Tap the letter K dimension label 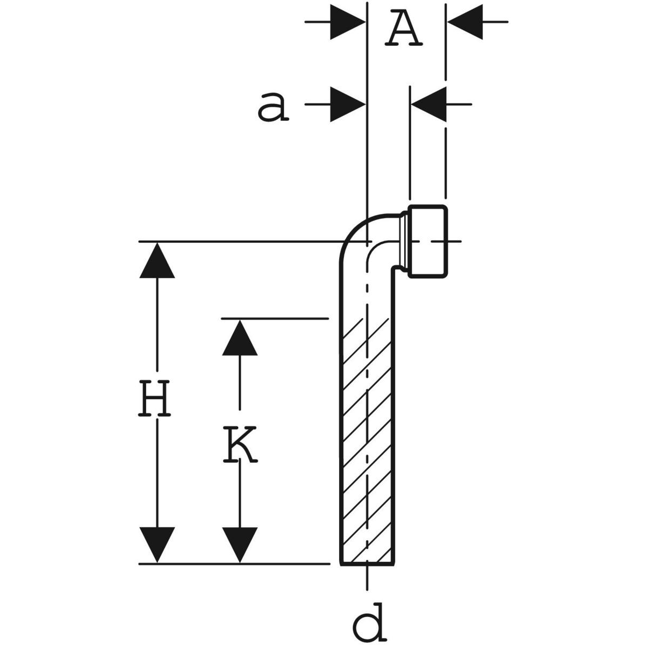point(240,445)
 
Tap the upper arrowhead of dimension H point(157,261)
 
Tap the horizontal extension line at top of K point(274,319)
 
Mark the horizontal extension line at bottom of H point(234,564)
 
